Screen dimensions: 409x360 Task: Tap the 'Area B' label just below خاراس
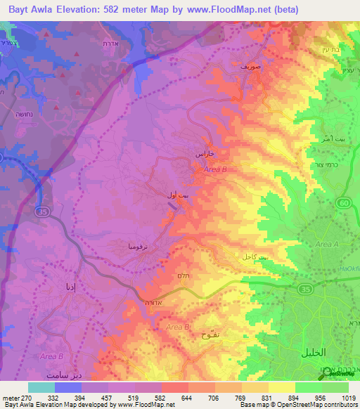click(x=215, y=169)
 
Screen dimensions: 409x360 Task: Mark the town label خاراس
click(x=203, y=152)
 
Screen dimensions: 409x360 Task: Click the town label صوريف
click(x=250, y=65)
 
